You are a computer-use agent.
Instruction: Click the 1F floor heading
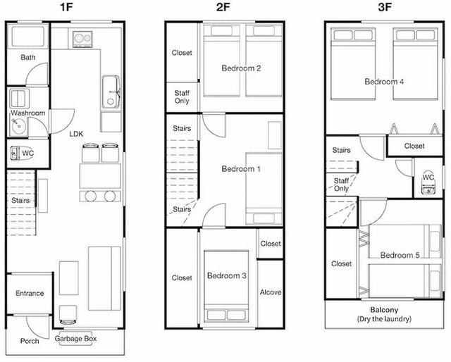[x=66, y=7]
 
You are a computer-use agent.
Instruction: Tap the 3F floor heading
[x=385, y=7]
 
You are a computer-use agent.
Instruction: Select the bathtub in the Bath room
[x=28, y=36]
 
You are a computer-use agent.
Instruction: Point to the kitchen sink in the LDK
[x=111, y=92]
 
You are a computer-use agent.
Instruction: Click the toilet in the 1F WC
[x=15, y=153]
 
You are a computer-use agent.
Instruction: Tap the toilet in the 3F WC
[x=428, y=183]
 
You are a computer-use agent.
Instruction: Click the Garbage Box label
[x=75, y=339]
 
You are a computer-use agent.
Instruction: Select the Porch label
[x=30, y=341]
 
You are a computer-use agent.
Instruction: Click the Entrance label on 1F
[x=30, y=293]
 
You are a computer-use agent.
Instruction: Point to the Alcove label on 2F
[x=271, y=292]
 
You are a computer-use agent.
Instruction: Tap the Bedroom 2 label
[x=241, y=68]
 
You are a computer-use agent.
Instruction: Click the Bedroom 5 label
[x=400, y=255]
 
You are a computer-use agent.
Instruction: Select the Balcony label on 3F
[x=384, y=310]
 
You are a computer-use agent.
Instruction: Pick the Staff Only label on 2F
[x=182, y=97]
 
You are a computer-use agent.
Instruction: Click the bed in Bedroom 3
[x=226, y=287]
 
